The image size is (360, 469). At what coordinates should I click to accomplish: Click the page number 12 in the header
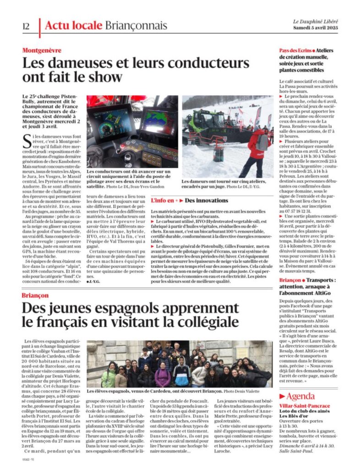click(x=26, y=26)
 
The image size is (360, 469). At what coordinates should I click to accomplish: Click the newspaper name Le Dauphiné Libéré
click(x=316, y=22)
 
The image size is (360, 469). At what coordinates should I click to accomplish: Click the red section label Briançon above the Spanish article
click(x=35, y=295)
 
